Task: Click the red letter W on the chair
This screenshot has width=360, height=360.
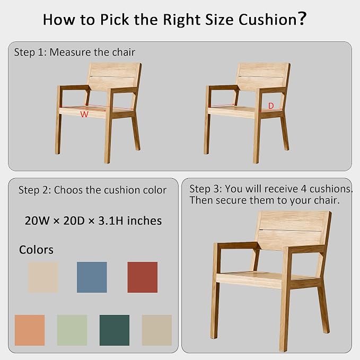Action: (84, 114)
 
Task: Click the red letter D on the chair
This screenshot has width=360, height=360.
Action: (271, 106)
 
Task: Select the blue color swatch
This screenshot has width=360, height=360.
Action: (92, 277)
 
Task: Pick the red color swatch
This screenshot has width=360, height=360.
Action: (143, 277)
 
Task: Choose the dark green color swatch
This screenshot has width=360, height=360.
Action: (115, 330)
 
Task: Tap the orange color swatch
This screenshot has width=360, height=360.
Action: (30, 330)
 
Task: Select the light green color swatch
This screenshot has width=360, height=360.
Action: (72, 330)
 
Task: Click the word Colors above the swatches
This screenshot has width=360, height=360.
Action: (36, 250)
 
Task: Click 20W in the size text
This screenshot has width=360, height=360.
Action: (37, 221)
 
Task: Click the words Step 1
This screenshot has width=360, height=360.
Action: (30, 52)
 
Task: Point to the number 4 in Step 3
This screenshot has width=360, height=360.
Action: (303, 189)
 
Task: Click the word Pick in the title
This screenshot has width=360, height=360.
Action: (115, 20)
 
